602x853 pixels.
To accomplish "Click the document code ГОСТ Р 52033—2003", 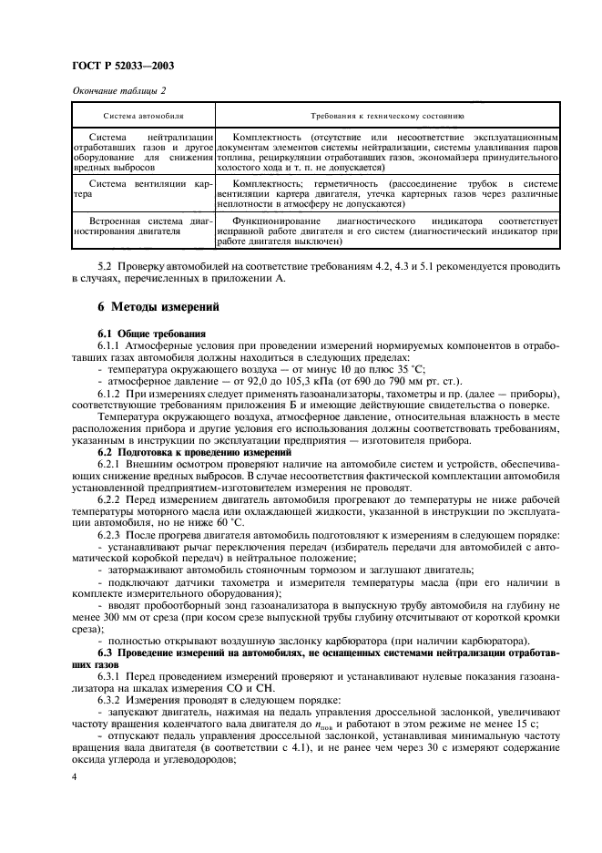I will (122, 66).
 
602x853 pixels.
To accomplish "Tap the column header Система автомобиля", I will (143, 117).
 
